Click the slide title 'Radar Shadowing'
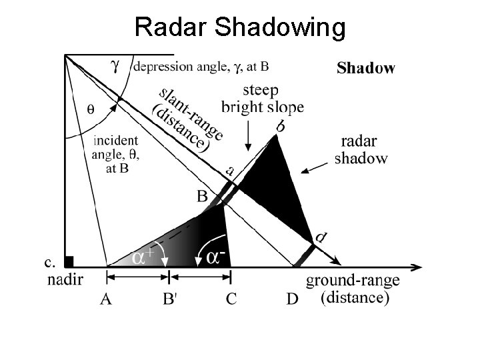(x=240, y=27)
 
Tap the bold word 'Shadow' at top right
(x=365, y=68)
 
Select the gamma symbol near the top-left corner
(x=116, y=65)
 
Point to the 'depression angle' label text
(x=201, y=66)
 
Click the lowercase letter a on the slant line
(x=229, y=171)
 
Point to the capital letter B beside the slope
(x=202, y=196)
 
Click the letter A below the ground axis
(x=106, y=299)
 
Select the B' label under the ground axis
(x=170, y=299)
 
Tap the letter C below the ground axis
(x=231, y=299)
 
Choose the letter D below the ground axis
(x=292, y=299)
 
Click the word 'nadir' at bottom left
(x=65, y=280)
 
